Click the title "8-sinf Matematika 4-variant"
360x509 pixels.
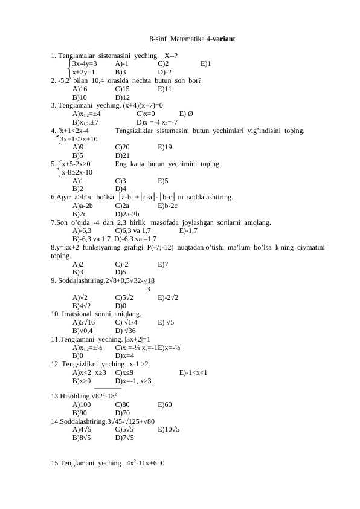coord(192,39)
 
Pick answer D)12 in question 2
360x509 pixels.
coord(122,97)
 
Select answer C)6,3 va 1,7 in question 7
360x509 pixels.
coord(132,230)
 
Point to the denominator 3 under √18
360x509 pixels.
coord(149,288)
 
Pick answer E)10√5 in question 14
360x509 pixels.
coord(168,430)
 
